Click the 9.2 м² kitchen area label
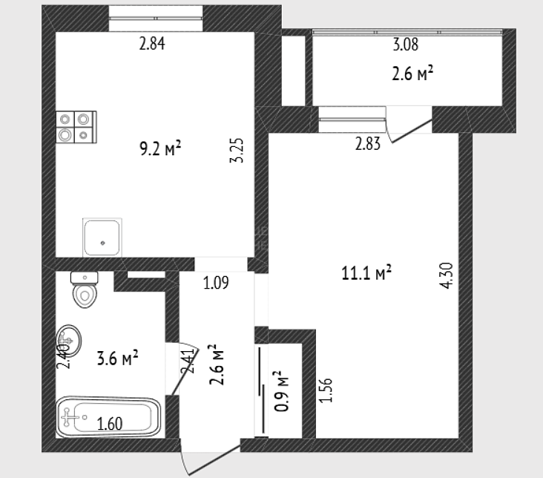[160, 148]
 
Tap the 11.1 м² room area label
[366, 272]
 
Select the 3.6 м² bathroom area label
[117, 358]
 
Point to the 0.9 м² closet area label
[281, 391]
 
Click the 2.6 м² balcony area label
[412, 73]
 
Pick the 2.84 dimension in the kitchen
[152, 44]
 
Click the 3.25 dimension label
[237, 151]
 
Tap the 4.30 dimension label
[447, 275]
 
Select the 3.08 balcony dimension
[406, 45]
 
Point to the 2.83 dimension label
[368, 144]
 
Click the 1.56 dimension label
[326, 390]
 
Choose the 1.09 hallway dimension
[216, 283]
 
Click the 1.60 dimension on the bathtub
[110, 424]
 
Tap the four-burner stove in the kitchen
[76, 127]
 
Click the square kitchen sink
[102, 238]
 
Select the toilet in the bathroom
[85, 289]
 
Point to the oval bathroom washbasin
[68, 341]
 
